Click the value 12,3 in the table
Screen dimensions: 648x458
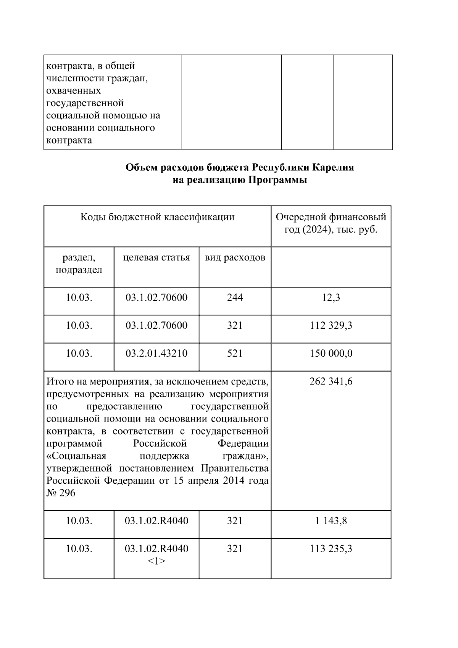pyautogui.click(x=331, y=297)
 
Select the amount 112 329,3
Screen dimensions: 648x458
pyautogui.click(x=331, y=325)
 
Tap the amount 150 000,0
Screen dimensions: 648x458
pyautogui.click(x=331, y=353)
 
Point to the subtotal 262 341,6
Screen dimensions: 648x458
pyautogui.click(x=331, y=381)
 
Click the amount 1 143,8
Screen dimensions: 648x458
pyautogui.click(x=331, y=521)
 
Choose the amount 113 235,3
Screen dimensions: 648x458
pyautogui.click(x=331, y=549)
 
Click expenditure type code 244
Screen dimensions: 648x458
pyautogui.click(x=235, y=297)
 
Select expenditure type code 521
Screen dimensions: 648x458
pyautogui.click(x=235, y=353)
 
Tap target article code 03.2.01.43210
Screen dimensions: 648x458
pyautogui.click(x=156, y=353)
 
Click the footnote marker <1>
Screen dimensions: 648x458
pyautogui.click(x=156, y=561)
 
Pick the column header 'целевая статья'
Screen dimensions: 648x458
pyautogui.click(x=156, y=257)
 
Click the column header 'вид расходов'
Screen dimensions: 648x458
pyautogui.click(x=235, y=257)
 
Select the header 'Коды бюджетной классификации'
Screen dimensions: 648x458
pyautogui.click(x=157, y=217)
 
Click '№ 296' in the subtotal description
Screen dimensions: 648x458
pyautogui.click(x=61, y=493)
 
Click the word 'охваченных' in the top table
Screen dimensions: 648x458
pyautogui.click(x=73, y=91)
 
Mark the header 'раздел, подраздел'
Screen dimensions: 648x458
pyautogui.click(x=79, y=263)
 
